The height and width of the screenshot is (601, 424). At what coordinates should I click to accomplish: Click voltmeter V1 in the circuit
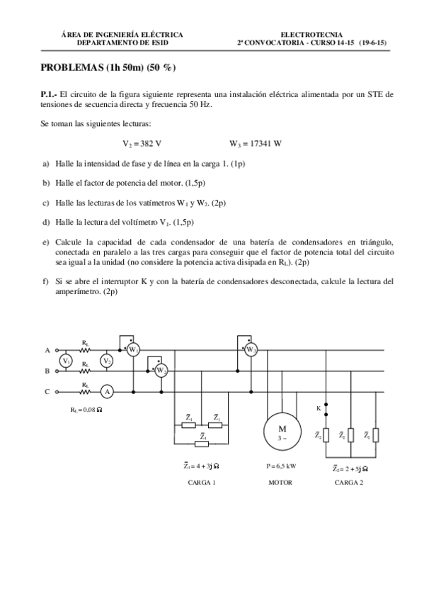tap(66, 361)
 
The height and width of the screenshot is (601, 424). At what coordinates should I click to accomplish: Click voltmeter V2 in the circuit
tap(107, 361)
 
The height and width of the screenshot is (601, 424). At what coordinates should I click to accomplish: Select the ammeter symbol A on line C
tap(106, 391)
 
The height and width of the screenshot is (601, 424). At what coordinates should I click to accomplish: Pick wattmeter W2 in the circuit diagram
tap(161, 370)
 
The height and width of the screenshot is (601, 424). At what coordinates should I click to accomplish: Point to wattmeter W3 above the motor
tap(251, 349)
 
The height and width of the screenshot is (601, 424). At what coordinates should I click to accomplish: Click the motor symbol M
tap(282, 431)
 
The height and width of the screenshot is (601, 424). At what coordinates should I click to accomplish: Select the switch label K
tap(318, 408)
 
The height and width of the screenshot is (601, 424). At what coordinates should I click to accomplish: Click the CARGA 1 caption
tap(201, 483)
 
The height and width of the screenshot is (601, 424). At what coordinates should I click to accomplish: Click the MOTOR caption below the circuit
tap(280, 483)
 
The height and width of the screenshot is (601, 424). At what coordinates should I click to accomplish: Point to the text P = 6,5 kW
tap(280, 468)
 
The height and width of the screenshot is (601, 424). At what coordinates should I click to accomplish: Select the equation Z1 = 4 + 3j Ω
tap(201, 467)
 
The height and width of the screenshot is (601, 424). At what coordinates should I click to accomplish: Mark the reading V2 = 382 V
tap(142, 143)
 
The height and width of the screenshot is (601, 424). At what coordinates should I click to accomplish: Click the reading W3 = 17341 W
tap(256, 143)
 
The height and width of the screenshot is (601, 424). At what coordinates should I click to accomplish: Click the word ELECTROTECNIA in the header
tap(312, 34)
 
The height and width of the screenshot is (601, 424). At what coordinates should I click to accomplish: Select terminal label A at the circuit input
tap(47, 350)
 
